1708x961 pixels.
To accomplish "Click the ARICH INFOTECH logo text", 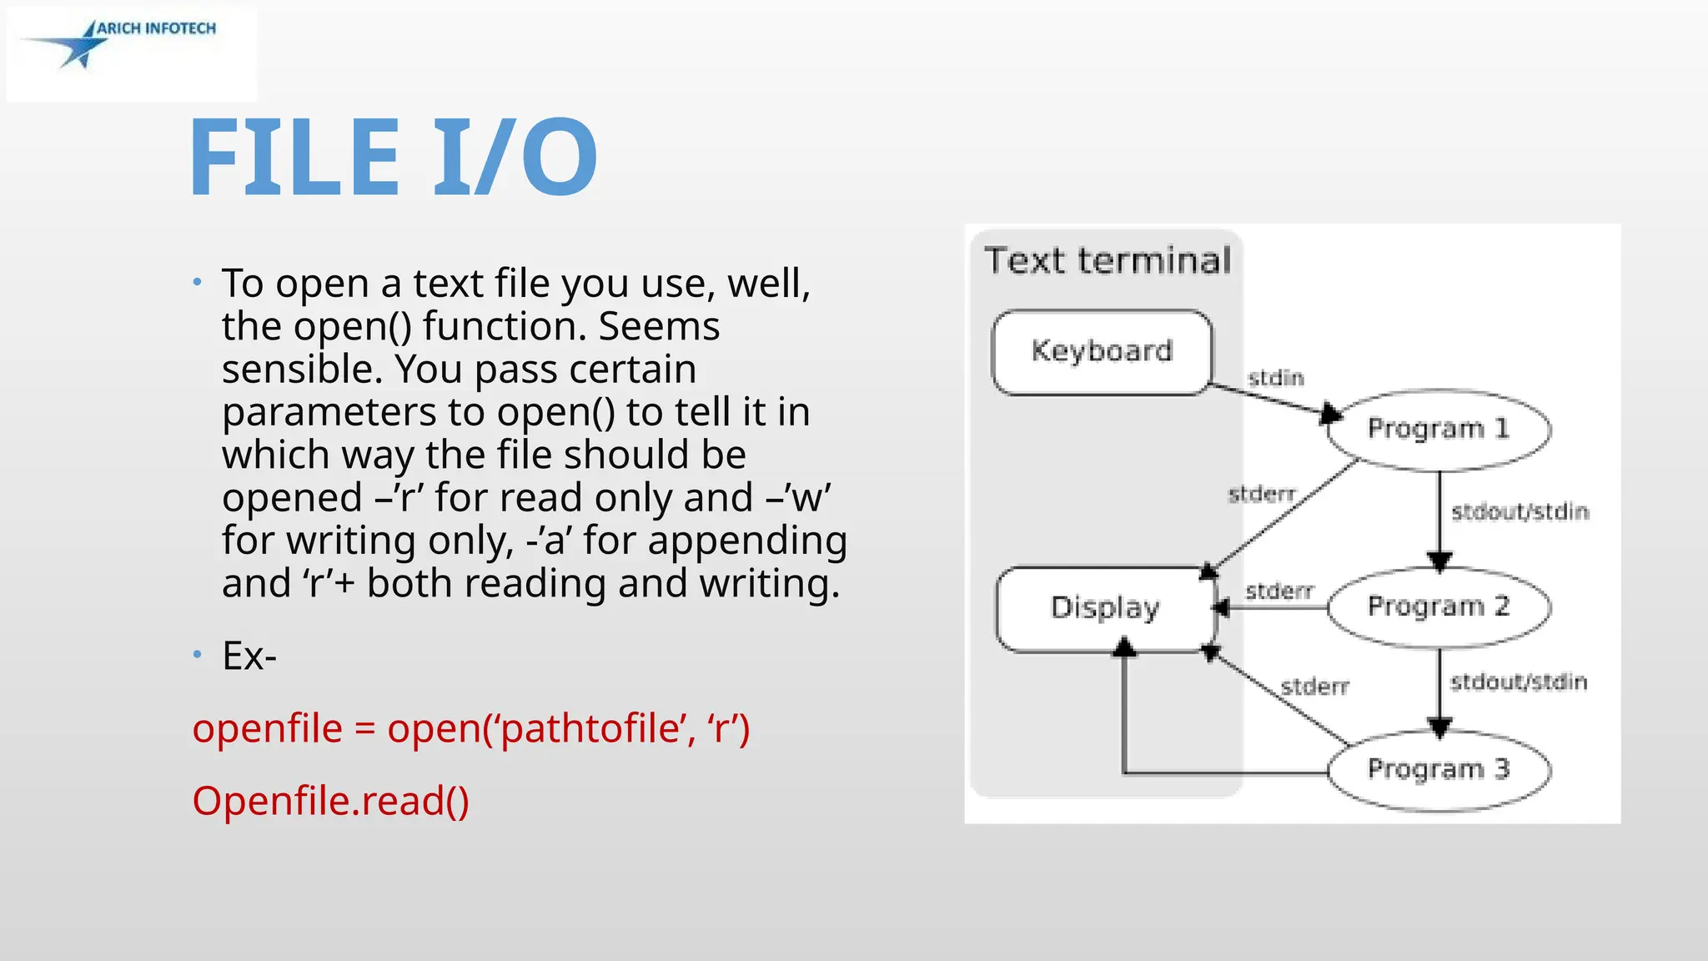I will [156, 28].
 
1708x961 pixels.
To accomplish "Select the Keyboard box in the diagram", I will [1102, 351].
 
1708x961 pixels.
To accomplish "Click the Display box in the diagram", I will [1105, 608].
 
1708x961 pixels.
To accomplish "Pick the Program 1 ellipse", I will [1439, 429].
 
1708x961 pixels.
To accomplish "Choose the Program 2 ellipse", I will [1439, 606].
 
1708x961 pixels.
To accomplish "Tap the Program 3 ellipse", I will [1439, 768].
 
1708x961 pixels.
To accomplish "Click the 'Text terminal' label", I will [1108, 261].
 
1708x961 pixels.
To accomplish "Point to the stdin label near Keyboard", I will [1275, 378].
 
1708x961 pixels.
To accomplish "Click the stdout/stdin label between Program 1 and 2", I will [1520, 511].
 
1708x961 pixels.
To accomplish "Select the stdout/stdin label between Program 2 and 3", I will [1518, 682].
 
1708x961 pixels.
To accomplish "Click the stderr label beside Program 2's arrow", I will [1279, 591].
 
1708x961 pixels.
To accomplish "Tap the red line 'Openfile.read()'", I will [331, 801].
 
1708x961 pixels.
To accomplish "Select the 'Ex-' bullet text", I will [249, 656].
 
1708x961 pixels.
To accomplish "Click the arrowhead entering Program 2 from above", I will [1439, 562].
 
